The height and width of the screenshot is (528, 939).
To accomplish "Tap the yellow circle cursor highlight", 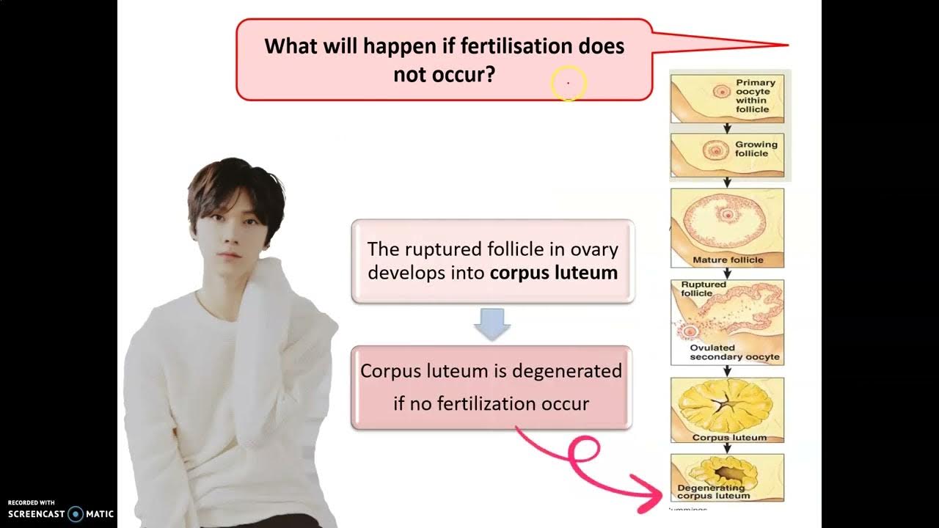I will click(x=568, y=84).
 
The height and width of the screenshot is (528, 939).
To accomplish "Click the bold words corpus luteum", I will click(x=554, y=273).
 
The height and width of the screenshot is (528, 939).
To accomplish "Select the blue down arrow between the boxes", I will click(x=492, y=323).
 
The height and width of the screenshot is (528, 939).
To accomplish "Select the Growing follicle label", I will click(x=755, y=149).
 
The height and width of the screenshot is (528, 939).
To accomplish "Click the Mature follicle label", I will click(x=728, y=260).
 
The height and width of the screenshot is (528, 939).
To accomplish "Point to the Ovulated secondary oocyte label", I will click(x=735, y=353).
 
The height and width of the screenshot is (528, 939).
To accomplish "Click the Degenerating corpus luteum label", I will click(x=711, y=491).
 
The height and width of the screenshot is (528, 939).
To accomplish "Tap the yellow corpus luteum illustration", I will click(x=727, y=407).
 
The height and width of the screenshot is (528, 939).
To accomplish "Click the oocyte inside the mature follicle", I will click(x=728, y=215).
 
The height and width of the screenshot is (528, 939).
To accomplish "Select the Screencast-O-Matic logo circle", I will click(x=75, y=514).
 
